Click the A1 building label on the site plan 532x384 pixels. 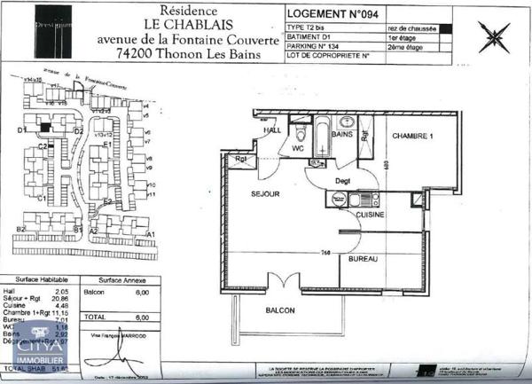coord(151,234)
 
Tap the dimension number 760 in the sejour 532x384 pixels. coord(326,253)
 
